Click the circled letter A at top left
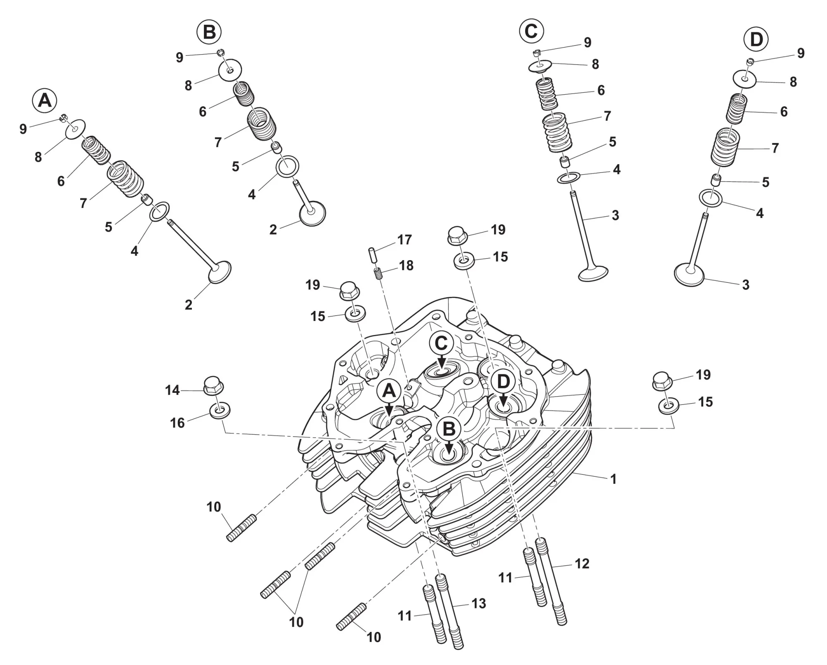45,100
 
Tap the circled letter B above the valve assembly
209,32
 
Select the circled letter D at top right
756,40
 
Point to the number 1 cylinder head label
614,479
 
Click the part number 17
404,240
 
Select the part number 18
406,266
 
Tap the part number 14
172,390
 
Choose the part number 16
177,423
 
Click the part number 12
582,563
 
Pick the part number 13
478,603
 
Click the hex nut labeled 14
213,386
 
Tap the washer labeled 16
220,410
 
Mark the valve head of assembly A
219,272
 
